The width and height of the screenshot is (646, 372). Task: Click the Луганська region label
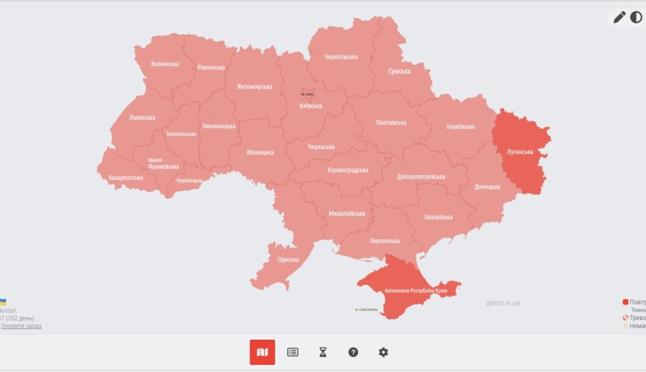519,152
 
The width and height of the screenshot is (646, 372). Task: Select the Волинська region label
164,64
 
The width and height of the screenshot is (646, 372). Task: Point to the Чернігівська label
341,57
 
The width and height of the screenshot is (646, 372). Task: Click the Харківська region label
460,126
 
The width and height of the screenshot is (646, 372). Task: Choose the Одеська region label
288,259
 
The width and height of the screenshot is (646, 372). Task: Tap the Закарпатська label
126,178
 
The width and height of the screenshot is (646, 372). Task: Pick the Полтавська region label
391,123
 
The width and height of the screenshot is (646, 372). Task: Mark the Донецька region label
487,187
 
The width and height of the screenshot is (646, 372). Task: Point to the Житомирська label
254,87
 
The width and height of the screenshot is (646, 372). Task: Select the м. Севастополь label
366,310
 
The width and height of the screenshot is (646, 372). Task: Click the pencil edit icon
619,17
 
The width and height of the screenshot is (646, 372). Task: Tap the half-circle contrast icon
636,17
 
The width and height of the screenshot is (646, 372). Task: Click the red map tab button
262,352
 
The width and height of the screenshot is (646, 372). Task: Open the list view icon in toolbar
292,352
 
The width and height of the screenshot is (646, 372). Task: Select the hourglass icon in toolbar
323,352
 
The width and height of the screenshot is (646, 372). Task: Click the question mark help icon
353,352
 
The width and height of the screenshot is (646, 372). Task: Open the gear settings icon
383,352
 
